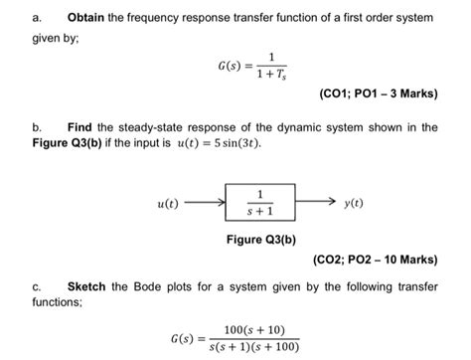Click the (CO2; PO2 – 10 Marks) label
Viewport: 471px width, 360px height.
[x=376, y=261]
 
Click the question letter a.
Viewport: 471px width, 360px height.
[x=36, y=19]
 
